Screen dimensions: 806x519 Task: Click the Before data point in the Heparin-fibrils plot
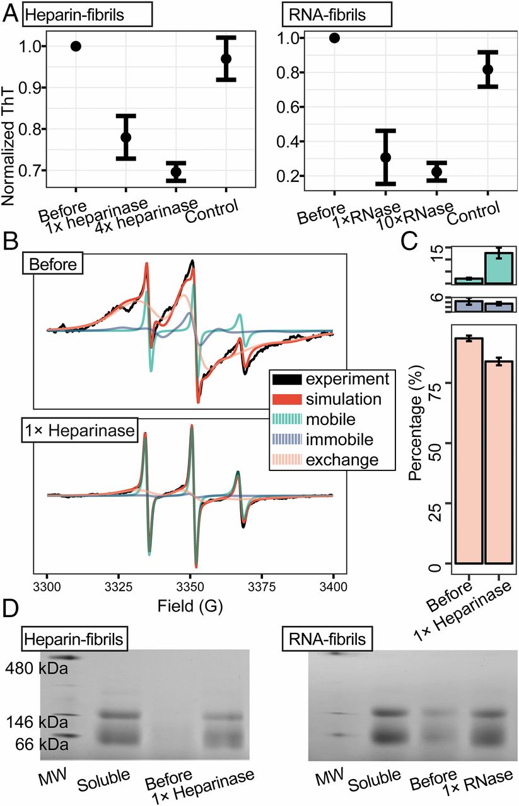point(76,46)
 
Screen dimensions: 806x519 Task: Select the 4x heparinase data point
point(176,172)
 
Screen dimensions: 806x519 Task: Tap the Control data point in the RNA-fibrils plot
point(487,69)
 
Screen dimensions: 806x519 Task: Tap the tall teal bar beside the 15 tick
point(499,268)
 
